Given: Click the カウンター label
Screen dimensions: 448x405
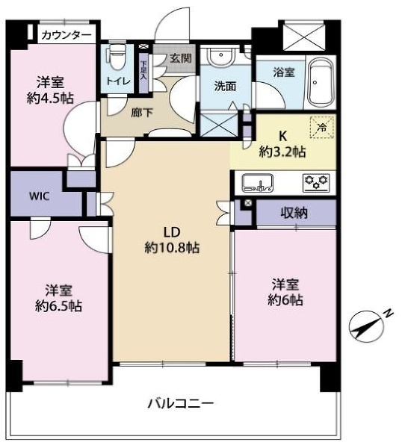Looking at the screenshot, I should coord(67,35).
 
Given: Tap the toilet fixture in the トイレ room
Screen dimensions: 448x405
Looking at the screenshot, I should coord(116,57).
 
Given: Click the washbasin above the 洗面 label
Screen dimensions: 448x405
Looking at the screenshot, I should coord(220,57).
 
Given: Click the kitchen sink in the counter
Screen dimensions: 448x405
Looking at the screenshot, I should coord(256,181).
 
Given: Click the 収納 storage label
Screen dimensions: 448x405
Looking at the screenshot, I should coord(294,213).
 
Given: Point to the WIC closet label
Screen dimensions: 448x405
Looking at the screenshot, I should coord(40,197).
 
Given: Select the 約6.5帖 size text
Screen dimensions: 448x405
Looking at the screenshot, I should coord(58,305).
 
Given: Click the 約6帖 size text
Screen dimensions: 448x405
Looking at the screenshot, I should coord(286,300).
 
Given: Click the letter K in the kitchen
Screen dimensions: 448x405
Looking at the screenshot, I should coord(282,137).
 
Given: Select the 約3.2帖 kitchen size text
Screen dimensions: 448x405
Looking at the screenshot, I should coord(282,152).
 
